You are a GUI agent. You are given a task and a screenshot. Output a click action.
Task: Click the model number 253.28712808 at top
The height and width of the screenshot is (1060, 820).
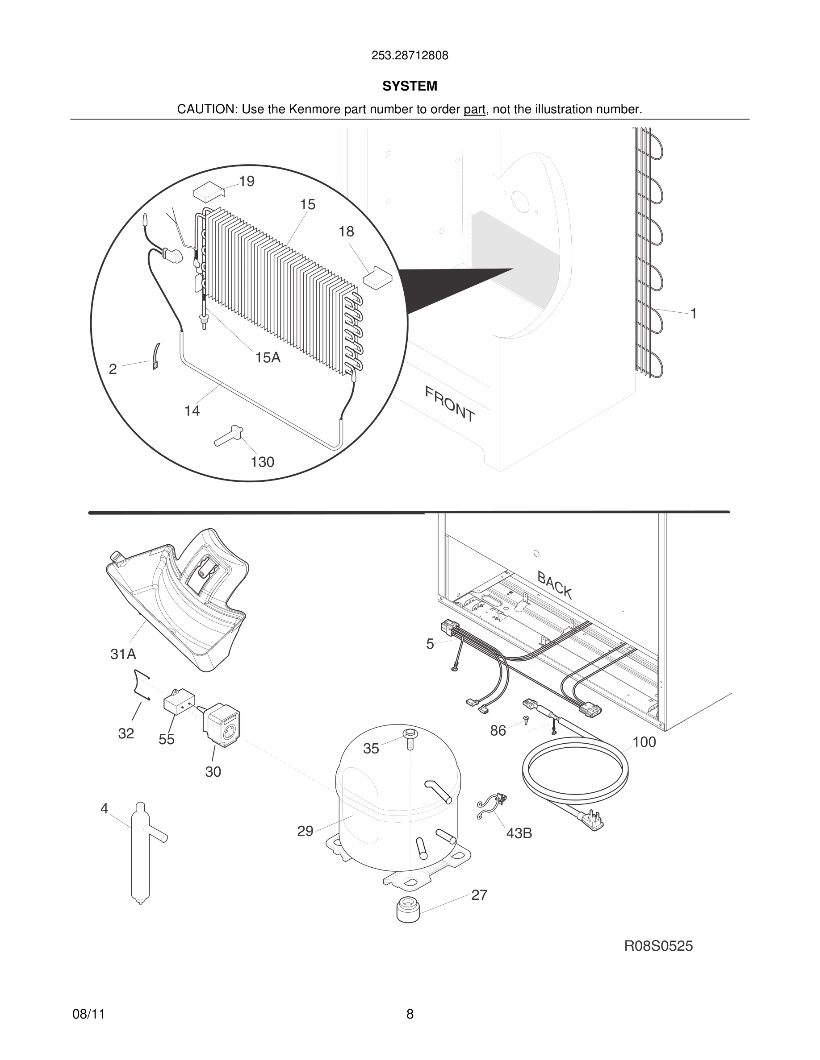pos(410,56)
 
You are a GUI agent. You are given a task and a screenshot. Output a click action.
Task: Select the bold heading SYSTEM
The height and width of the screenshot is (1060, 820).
pos(410,86)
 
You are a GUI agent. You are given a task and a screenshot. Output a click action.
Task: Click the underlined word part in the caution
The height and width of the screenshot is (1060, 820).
pos(474,110)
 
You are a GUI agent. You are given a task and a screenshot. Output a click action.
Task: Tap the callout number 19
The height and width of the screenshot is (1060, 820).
pos(247,182)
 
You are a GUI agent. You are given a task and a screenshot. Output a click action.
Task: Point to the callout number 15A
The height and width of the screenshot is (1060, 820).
pos(268,358)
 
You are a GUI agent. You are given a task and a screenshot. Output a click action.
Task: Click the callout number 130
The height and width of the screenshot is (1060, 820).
pos(262,462)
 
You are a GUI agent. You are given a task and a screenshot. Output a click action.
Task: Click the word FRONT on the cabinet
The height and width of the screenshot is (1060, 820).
pos(449,404)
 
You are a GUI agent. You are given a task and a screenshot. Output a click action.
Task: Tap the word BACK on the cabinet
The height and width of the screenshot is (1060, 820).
pos(554,585)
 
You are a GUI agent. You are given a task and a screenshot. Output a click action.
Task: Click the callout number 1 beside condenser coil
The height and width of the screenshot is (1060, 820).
pos(694,314)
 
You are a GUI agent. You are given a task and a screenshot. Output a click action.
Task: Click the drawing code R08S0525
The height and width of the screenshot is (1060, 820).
pos(658,946)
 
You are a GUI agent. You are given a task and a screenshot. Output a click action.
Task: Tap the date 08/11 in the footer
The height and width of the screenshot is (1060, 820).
pos(88,1014)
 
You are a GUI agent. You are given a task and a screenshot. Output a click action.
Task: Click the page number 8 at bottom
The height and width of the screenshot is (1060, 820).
pos(410,1014)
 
